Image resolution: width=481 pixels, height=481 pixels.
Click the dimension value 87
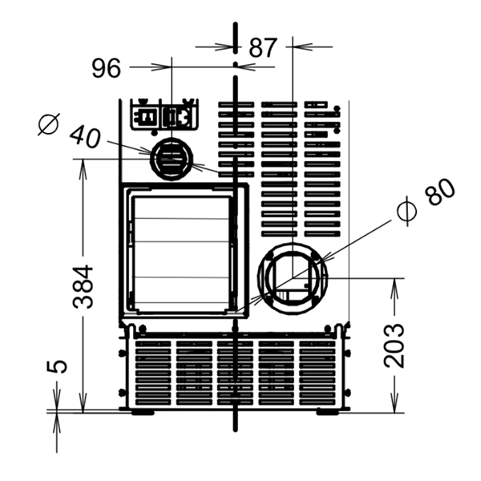point(263,47)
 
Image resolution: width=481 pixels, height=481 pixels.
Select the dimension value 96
point(107,68)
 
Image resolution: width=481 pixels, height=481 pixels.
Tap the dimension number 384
point(83,286)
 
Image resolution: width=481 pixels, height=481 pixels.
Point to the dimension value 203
point(394,345)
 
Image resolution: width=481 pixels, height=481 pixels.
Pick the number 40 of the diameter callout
point(85,137)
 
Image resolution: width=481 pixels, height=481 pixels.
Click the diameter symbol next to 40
point(49,124)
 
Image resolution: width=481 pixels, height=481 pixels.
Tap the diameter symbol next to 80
point(407,211)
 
